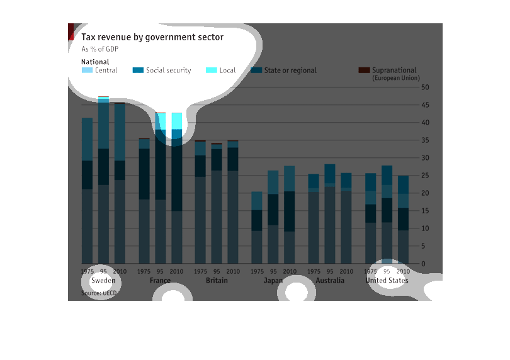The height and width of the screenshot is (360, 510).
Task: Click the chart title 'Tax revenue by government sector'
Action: [x=152, y=37]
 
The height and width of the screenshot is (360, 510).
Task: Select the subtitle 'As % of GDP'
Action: [x=99, y=49]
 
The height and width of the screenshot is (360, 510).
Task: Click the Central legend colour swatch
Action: [x=87, y=70]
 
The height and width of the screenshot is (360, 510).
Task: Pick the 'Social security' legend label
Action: [x=168, y=70]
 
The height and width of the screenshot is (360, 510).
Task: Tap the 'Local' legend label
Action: [x=227, y=70]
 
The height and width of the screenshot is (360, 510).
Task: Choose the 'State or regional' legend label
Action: [x=290, y=70]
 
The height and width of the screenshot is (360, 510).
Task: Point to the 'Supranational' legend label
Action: [x=394, y=70]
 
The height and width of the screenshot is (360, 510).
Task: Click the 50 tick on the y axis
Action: [x=425, y=87]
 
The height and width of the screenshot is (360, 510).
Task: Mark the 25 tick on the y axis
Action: [x=425, y=175]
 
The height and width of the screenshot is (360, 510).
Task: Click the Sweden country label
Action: [x=103, y=280]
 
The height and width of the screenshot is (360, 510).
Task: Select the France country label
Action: [x=160, y=280]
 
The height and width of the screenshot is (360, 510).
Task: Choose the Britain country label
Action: [x=217, y=280]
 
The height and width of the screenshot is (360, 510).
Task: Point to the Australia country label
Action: [x=330, y=280]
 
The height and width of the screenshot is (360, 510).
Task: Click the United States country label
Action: [x=387, y=280]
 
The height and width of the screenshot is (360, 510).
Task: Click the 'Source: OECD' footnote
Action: [x=99, y=293]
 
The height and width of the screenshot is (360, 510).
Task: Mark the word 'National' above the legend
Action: [x=95, y=62]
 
